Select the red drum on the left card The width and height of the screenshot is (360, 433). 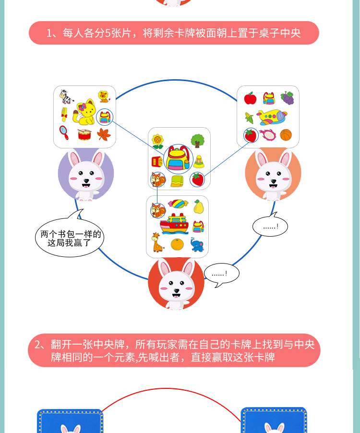(84, 134)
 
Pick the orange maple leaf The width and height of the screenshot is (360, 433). (104, 134)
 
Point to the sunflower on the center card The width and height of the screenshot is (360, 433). (157, 141)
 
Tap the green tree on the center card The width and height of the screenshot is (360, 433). (197, 141)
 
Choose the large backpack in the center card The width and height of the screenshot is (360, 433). (178, 158)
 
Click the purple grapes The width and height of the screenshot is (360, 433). (287, 98)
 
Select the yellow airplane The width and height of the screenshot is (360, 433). (272, 117)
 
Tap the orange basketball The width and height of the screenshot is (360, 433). (286, 135)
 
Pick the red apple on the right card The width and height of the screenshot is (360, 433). (250, 98)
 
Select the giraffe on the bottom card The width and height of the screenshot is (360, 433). (156, 242)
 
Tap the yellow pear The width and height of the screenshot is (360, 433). (197, 207)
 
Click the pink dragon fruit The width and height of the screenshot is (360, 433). (267, 135)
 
